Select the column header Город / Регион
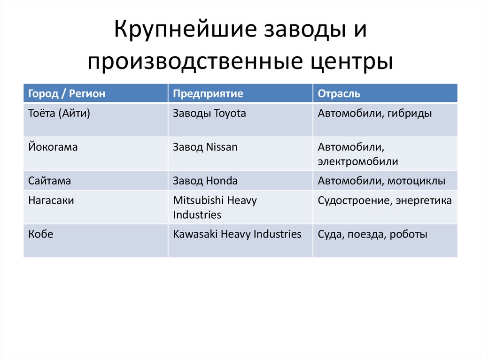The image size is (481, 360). (x=67, y=93)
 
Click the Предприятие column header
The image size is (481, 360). (x=208, y=93)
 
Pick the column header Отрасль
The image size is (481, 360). (x=339, y=93)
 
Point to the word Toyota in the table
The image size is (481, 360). (x=230, y=114)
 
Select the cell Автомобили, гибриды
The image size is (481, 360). (x=375, y=114)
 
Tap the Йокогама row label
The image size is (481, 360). (x=53, y=147)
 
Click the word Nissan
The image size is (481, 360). (x=222, y=147)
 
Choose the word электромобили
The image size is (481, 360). (x=358, y=162)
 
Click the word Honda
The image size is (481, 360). (x=222, y=181)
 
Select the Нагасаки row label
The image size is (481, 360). (x=51, y=200)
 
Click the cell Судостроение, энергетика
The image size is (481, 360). (x=385, y=200)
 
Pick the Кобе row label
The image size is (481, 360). (x=40, y=234)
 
